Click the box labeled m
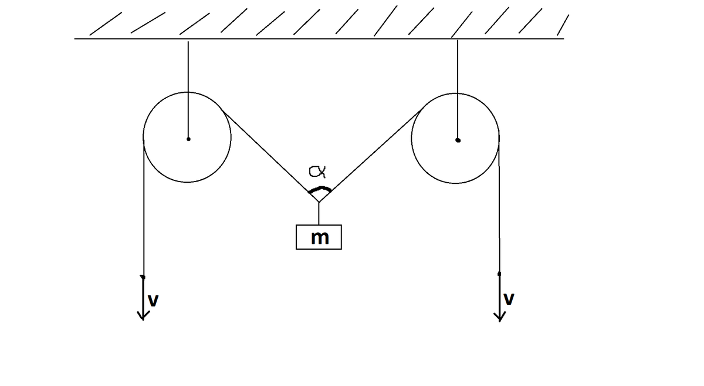coord(319,237)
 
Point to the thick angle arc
coord(320,189)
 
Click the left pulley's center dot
coord(188,139)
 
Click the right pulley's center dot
coord(458,140)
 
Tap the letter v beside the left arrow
coord(154,300)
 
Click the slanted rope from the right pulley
coord(370,156)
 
